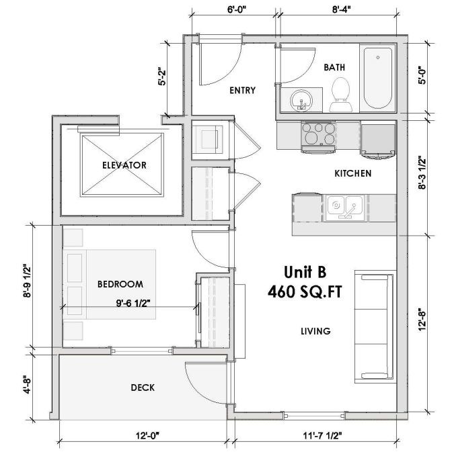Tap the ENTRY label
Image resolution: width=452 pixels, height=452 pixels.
pos(242,91)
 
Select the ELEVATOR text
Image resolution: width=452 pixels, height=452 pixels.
pos(124,165)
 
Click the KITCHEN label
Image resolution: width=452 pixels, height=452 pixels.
pos(353,173)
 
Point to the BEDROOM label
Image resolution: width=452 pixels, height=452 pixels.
pos(120,284)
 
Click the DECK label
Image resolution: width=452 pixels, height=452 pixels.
pos(143,388)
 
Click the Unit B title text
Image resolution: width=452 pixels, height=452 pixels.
pos(304,272)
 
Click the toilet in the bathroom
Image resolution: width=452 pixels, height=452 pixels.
pos(340,94)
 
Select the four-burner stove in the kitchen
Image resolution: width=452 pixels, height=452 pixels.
pos(318,133)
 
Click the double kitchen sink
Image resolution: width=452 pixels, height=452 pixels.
pos(346,206)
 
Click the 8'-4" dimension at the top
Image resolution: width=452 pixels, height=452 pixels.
pos(341,10)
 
